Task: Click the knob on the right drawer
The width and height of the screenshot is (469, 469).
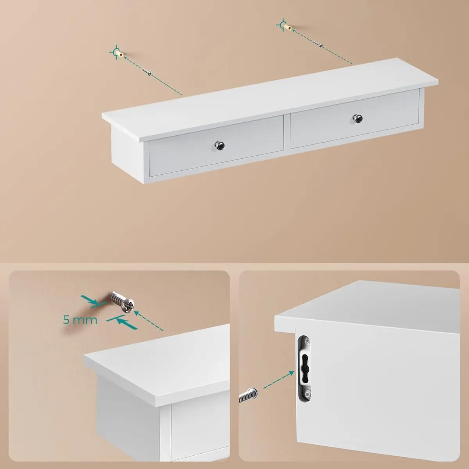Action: coord(358,119)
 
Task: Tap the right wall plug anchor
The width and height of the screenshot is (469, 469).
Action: coord(288,27)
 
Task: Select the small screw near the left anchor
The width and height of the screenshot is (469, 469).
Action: coord(147,72)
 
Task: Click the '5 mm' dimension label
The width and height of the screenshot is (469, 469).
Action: coord(80,320)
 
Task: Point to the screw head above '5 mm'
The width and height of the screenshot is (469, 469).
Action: coord(128,305)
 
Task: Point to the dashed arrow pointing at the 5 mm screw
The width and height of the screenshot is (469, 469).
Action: coord(149,320)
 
